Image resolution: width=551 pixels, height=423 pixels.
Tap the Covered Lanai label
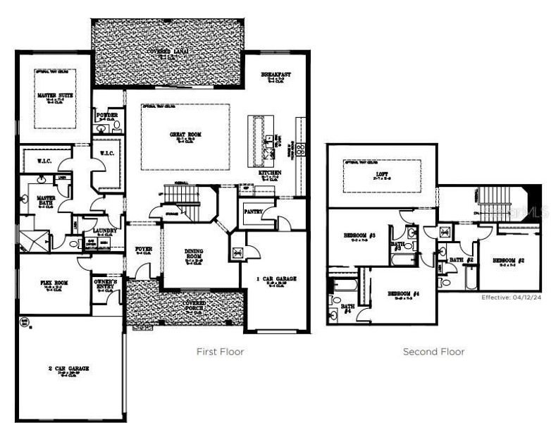tap(168, 51)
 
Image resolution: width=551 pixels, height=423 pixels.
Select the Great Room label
tap(185, 134)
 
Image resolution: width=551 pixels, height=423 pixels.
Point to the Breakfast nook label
tap(276, 75)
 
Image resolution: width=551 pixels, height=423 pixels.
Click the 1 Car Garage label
tap(275, 279)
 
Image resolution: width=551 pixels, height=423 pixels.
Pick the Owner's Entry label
tap(106, 286)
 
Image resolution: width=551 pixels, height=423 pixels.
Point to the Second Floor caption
tap(433, 351)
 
